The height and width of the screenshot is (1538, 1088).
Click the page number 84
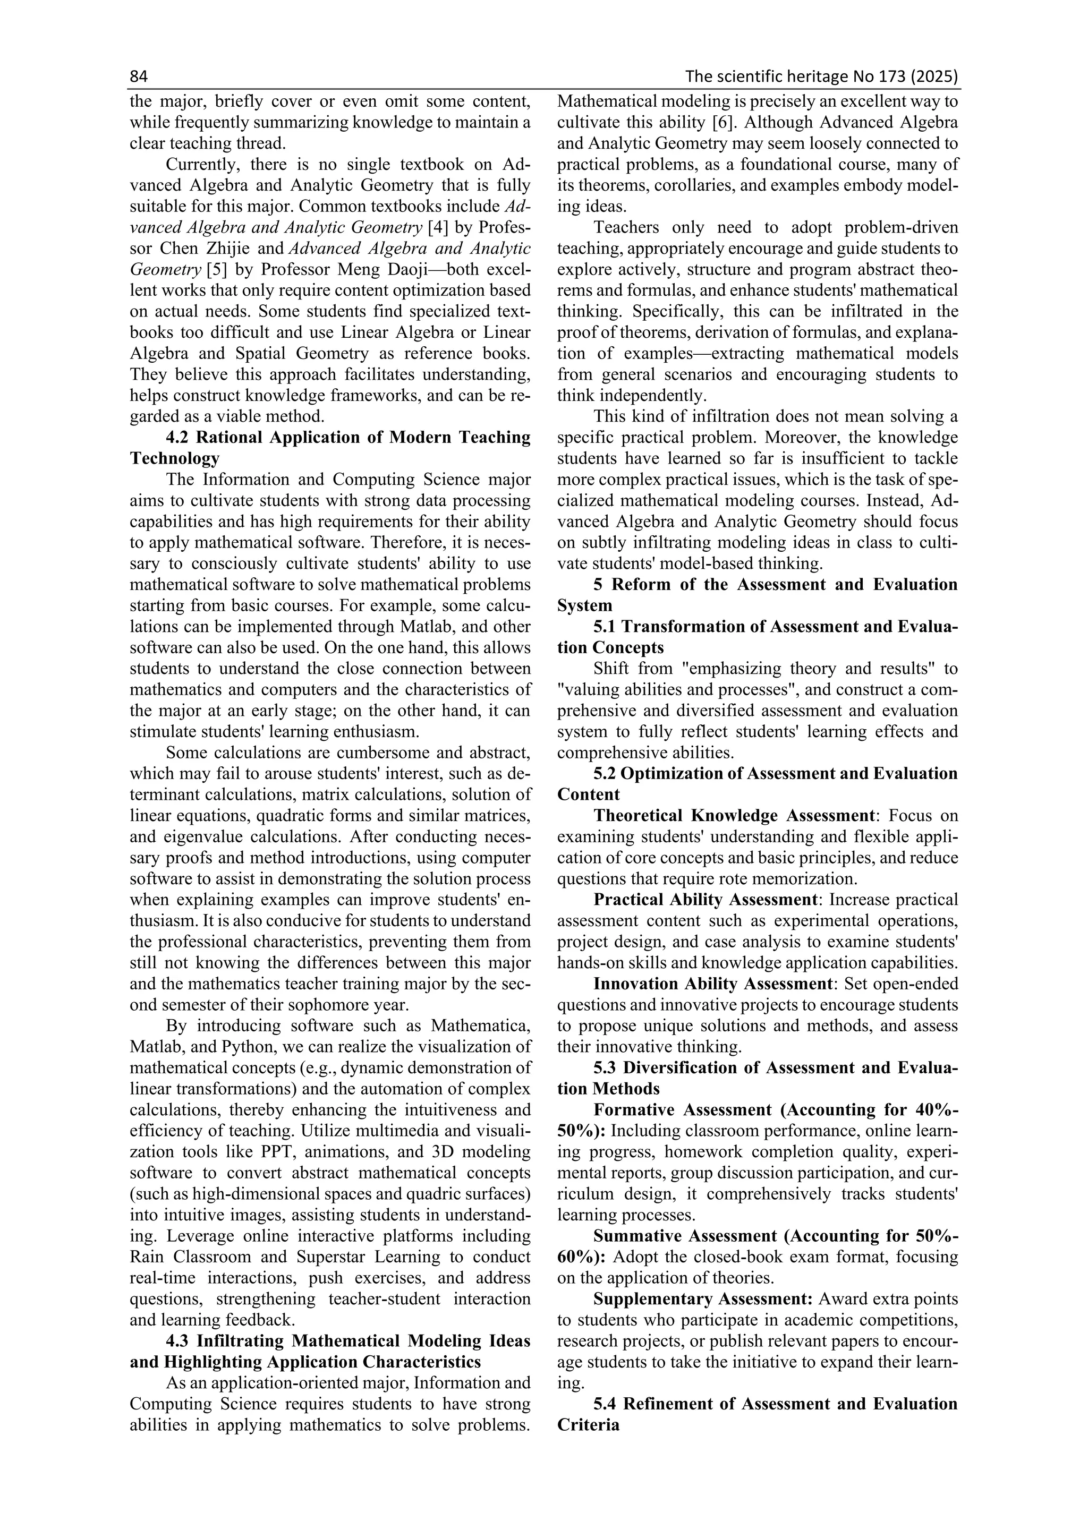[x=138, y=77]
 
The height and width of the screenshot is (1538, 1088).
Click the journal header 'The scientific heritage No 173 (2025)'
[x=821, y=77]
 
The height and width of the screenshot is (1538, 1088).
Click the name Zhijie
[x=223, y=249]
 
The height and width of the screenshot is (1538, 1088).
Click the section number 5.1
[x=606, y=626]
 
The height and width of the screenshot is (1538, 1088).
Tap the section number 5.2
[x=606, y=773]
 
